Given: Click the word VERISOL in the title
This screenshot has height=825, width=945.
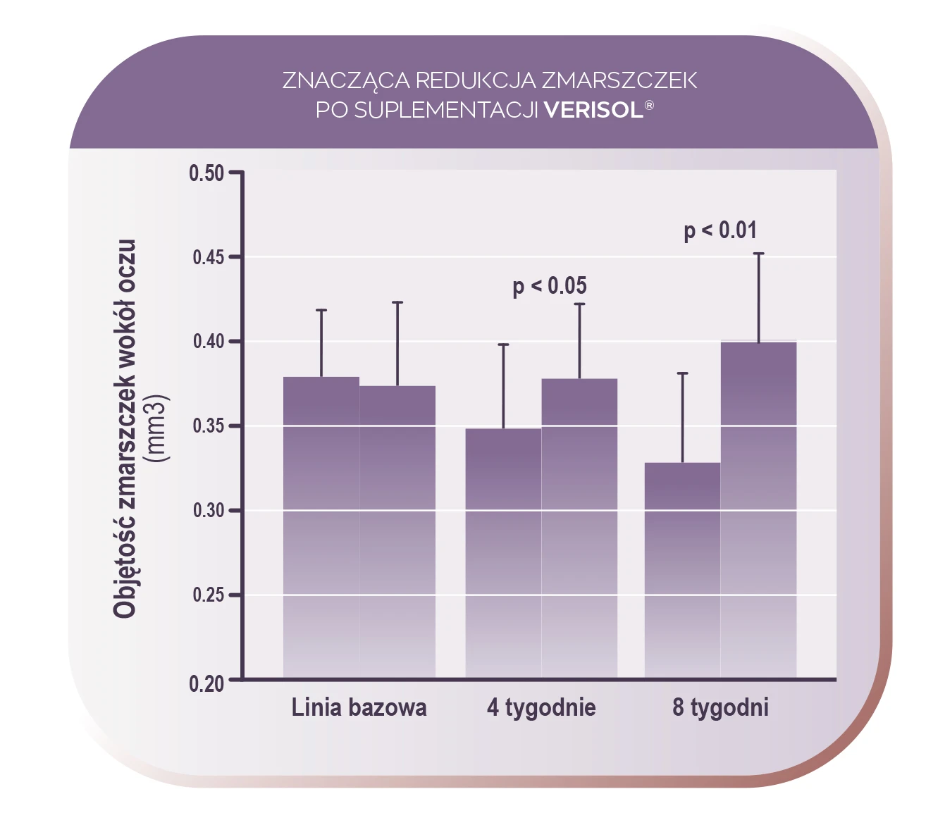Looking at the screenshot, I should (593, 110).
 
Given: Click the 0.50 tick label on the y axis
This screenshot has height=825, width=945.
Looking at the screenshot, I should (206, 173).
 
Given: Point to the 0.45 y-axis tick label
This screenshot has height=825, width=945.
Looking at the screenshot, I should (208, 258).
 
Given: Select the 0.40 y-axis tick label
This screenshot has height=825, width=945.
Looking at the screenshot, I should (208, 342).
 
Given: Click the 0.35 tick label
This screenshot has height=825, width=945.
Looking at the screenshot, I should (208, 426).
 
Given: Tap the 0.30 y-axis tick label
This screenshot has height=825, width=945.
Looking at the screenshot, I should (208, 510).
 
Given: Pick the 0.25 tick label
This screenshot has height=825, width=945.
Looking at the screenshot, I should (208, 595).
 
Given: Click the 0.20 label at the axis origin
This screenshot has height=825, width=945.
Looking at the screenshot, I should (206, 683).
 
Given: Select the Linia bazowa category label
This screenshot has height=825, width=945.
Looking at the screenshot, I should (359, 707).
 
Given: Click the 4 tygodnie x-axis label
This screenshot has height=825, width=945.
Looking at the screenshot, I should (541, 707).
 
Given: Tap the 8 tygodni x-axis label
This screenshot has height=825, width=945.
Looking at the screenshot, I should (720, 707).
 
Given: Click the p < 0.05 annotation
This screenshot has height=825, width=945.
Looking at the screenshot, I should (550, 286).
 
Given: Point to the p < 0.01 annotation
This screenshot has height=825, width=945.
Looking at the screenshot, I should (720, 230).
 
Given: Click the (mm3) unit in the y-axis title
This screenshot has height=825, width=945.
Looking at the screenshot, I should (156, 428).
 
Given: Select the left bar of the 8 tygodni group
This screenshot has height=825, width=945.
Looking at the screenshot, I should (682, 571).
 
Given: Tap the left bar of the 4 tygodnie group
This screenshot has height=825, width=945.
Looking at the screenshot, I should (503, 553).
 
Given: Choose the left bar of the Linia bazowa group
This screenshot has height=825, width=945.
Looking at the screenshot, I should (321, 528).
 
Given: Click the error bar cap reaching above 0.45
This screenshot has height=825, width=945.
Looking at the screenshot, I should (759, 254).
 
